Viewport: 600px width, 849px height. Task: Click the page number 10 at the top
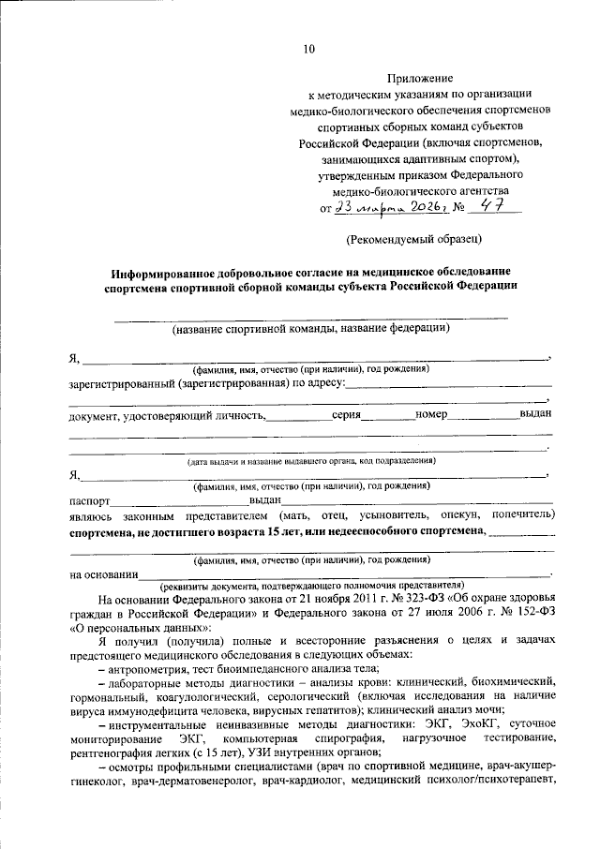click(x=309, y=49)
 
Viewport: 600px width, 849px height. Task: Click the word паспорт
click(x=89, y=501)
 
